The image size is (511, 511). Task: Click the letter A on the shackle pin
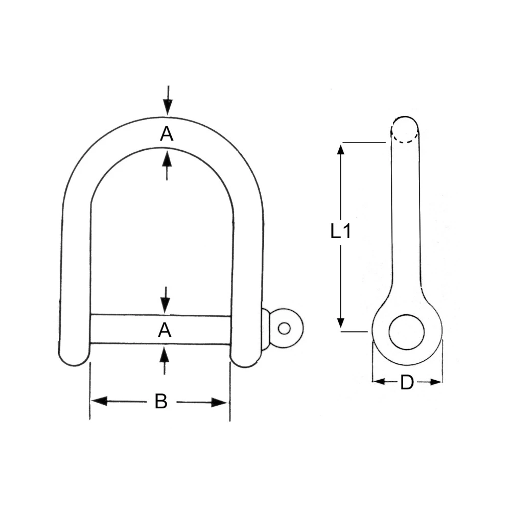[x=164, y=331]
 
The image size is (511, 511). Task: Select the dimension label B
[x=161, y=402]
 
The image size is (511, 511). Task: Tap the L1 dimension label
[x=340, y=232]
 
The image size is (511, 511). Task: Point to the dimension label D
[x=406, y=382]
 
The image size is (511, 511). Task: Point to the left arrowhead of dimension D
[x=379, y=381]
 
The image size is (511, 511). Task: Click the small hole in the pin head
[x=284, y=328]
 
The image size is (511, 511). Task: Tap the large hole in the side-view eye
[x=407, y=332]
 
